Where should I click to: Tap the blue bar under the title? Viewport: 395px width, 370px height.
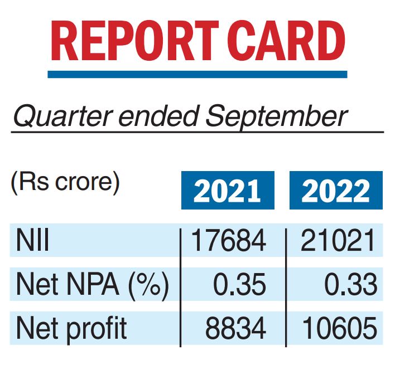click(x=197, y=74)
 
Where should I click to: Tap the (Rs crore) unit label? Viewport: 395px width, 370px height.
click(x=65, y=183)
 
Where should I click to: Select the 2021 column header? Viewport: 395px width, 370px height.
click(x=228, y=191)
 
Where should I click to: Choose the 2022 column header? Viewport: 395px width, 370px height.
click(x=336, y=191)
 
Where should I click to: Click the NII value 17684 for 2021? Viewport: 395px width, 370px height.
click(x=228, y=241)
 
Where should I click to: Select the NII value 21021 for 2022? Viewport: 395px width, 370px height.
click(x=336, y=241)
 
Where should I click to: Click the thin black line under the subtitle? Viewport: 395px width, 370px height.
click(x=197, y=133)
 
